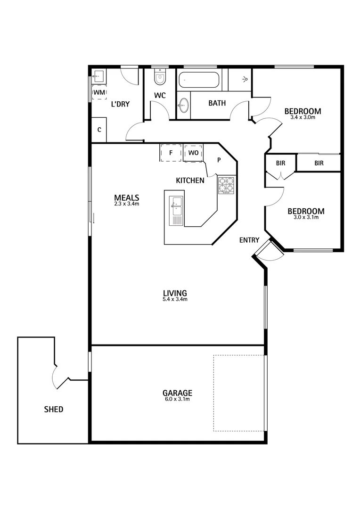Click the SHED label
point(53,409)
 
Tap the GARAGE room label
point(177,393)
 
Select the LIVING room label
point(175,293)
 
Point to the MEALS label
point(126,197)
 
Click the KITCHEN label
point(190,180)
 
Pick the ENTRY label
point(249,240)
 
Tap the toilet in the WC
point(160,77)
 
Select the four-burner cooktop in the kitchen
point(226,185)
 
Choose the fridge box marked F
point(171,153)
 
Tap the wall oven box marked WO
point(193,153)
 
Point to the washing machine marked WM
point(99,92)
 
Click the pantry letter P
point(219,160)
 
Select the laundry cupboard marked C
point(99,130)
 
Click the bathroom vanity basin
point(183,106)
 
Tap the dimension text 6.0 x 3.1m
point(177,400)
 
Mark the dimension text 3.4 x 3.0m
point(303,118)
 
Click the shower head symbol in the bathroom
point(245,79)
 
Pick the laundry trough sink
point(99,75)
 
